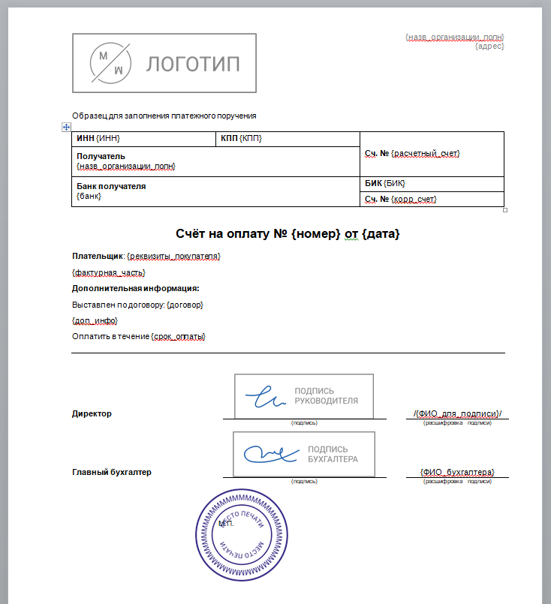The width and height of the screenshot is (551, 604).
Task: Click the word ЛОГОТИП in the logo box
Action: click(x=193, y=63)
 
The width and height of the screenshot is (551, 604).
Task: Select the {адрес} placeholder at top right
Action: click(x=489, y=47)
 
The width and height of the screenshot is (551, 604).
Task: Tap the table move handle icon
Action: click(x=65, y=128)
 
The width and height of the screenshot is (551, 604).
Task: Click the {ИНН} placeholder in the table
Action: click(x=108, y=139)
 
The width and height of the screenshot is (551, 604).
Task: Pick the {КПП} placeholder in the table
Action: click(x=251, y=139)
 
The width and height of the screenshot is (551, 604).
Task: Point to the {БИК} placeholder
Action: click(x=397, y=184)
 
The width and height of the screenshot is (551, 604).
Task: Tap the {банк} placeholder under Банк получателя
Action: click(x=89, y=197)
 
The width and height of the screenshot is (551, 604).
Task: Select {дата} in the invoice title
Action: click(x=381, y=235)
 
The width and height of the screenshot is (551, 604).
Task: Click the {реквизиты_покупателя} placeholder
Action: click(x=173, y=257)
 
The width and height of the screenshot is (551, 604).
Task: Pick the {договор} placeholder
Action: click(x=185, y=305)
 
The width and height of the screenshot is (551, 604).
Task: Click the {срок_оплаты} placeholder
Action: click(x=179, y=337)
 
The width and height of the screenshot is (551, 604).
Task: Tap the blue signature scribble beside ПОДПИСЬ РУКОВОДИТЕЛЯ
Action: click(x=265, y=395)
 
